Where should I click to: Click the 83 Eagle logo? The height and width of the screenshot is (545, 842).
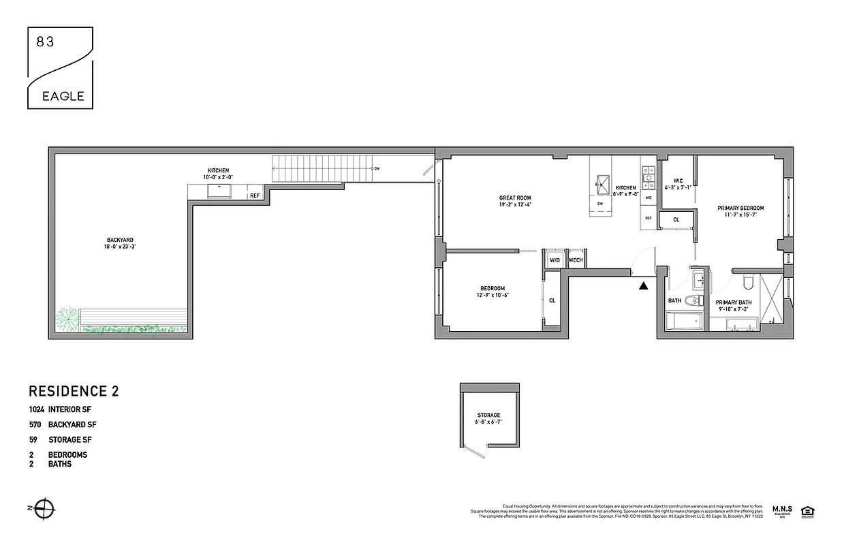60,68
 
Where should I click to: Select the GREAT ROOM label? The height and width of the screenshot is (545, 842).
515,198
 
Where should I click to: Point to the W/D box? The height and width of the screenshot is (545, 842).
554,260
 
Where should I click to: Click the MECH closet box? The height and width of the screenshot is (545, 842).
576,260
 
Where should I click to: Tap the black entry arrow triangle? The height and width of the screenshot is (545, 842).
643,286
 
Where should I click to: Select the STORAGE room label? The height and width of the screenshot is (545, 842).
488,415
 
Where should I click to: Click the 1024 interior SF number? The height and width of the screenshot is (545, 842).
36,409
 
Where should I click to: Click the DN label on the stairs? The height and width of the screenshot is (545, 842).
376,168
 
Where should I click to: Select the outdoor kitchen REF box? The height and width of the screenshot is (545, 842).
255,196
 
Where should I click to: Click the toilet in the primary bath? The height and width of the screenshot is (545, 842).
747,282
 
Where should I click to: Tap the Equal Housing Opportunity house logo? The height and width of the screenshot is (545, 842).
808,511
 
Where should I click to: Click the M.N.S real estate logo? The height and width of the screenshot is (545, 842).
783,511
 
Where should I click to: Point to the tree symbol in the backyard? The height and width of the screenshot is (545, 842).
67,318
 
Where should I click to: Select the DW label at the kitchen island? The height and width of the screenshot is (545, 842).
600,204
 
